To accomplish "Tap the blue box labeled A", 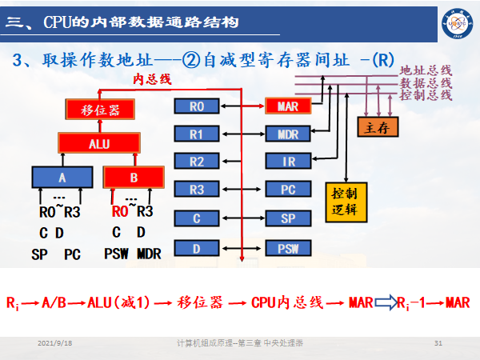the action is [62, 178].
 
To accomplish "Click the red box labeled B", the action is [134, 178].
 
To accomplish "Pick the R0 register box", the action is [198, 106].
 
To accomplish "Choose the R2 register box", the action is [198, 162].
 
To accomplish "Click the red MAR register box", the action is [288, 106].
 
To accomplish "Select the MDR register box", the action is [288, 134].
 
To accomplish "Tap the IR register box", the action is [288, 162].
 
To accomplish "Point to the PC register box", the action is [288, 190].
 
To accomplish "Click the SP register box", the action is [288, 218].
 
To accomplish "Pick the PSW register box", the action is [288, 248].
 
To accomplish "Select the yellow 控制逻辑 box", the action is [345, 203].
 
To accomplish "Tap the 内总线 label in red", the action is [151, 78].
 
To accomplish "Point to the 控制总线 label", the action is [426, 96].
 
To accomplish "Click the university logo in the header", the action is [454, 18].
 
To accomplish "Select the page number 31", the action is [438, 343].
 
